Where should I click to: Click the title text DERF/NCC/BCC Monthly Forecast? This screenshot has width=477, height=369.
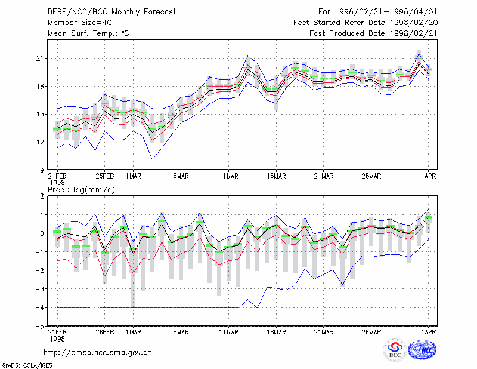pos(111,12)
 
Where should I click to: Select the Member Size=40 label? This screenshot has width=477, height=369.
pos(80,23)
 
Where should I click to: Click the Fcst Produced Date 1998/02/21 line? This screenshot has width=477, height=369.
pos(374,33)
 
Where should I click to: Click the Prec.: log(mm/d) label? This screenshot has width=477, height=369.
pos(81,190)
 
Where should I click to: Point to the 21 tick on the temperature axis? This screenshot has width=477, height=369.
pos(40,58)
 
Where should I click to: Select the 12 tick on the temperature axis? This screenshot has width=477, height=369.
pos(40,142)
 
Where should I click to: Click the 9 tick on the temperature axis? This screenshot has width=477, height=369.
pos(42,170)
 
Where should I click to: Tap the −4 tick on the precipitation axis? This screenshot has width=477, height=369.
pos(39,307)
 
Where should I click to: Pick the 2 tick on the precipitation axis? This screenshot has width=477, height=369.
pos(42,196)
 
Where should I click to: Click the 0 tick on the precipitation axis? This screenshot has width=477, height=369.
pos(42,233)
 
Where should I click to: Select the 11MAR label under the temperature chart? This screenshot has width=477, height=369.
pos(229,176)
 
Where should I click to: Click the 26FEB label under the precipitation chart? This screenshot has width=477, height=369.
pos(105,332)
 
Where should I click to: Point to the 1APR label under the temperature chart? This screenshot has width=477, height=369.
pos(429,176)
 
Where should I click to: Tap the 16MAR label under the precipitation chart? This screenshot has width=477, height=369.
pos(276,332)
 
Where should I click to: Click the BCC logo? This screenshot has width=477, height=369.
pos(395,350)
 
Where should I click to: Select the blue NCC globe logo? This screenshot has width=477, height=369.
pos(422,350)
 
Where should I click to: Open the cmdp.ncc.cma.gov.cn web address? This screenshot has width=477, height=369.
pos(98,353)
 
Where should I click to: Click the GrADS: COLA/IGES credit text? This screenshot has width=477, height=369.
pos(27,365)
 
